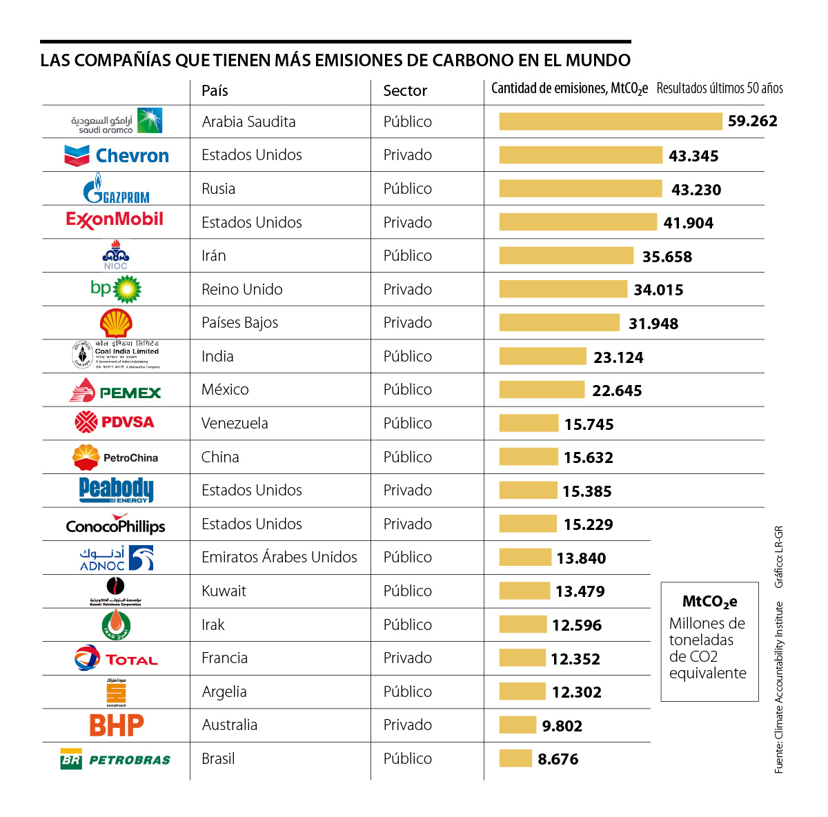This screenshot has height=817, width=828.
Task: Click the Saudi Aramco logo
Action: coord(116,121)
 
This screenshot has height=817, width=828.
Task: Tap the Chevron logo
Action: coord(116,155)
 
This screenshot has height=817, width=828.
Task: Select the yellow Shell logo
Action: coord(116,323)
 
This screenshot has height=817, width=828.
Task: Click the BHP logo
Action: coord(116,725)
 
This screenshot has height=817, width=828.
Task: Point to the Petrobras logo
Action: coord(116,760)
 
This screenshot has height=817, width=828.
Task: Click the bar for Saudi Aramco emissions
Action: coord(610,121)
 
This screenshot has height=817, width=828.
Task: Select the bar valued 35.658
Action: coord(566,256)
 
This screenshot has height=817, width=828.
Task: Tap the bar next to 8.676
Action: coord(515,758)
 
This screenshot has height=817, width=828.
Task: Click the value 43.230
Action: coord(696,190)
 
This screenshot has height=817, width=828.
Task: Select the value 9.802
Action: coord(562,726)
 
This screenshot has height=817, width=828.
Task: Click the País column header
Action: coord(215,91)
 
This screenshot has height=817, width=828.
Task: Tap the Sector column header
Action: coord(405,91)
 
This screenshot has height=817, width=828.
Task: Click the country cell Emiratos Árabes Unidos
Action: coord(279,558)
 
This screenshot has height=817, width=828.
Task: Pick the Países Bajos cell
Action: coord(239,323)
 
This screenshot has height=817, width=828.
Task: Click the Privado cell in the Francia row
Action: coord(407,658)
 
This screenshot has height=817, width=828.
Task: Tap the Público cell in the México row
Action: coord(407,390)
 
